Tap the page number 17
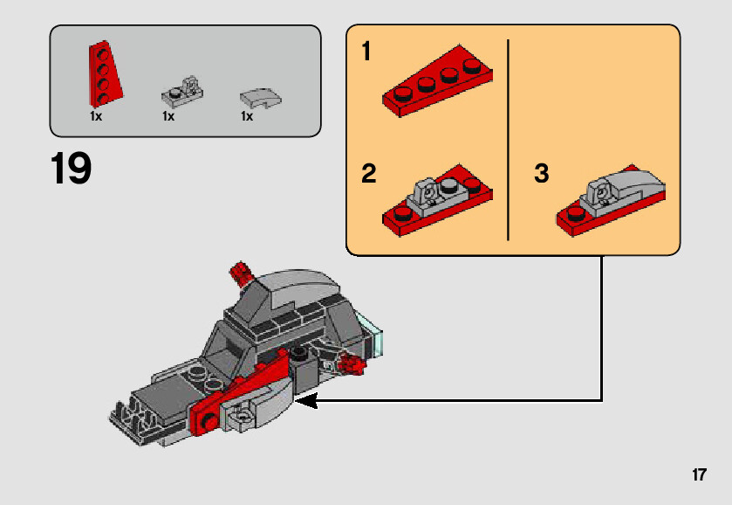pyautogui.click(x=698, y=475)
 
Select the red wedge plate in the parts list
pyautogui.click(x=103, y=74)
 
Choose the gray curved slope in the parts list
pyautogui.click(x=259, y=96)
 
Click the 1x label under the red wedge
pyautogui.click(x=96, y=116)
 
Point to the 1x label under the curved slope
pyautogui.click(x=247, y=116)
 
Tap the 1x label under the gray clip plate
pyautogui.click(x=168, y=116)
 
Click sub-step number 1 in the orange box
pyautogui.click(x=366, y=52)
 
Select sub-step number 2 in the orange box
pyautogui.click(x=368, y=174)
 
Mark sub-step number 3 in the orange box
pyautogui.click(x=542, y=174)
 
